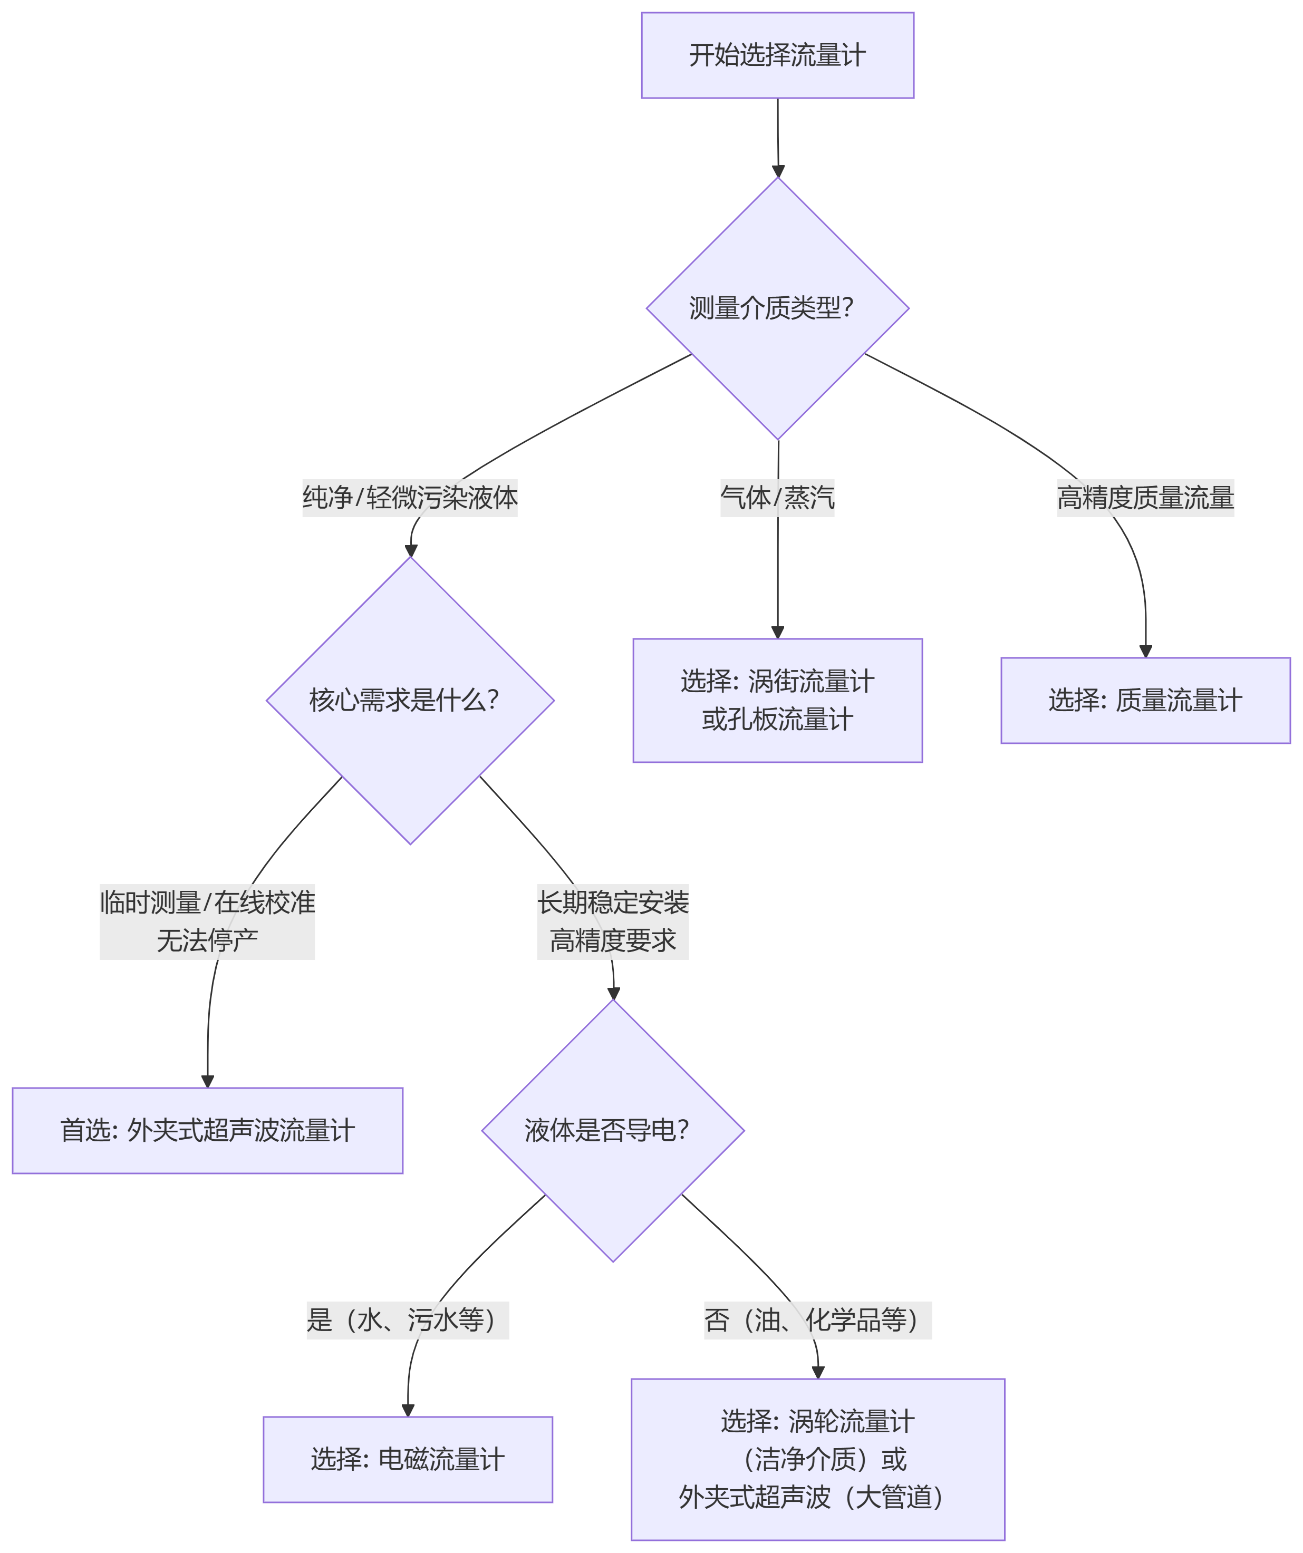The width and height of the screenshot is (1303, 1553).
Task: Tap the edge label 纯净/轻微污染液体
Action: [x=410, y=498]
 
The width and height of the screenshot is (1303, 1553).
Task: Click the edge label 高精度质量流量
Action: [x=1145, y=498]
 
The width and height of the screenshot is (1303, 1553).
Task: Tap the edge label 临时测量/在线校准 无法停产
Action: [x=207, y=921]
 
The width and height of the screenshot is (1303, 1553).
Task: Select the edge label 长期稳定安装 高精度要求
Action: [x=613, y=921]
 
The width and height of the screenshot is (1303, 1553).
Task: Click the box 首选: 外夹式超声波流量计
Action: [x=207, y=1131]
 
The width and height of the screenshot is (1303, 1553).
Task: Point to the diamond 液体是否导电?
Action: [x=613, y=1131]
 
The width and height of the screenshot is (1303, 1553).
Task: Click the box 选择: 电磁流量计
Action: [x=408, y=1459]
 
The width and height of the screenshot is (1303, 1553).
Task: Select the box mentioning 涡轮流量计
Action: [x=818, y=1459]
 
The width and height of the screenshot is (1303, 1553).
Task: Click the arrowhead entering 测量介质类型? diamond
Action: [x=778, y=171]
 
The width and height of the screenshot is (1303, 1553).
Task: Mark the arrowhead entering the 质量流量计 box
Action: [x=1145, y=652]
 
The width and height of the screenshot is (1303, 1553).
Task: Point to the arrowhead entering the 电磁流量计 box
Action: [x=408, y=1410]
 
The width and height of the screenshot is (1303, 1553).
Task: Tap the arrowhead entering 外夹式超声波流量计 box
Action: [x=208, y=1081]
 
